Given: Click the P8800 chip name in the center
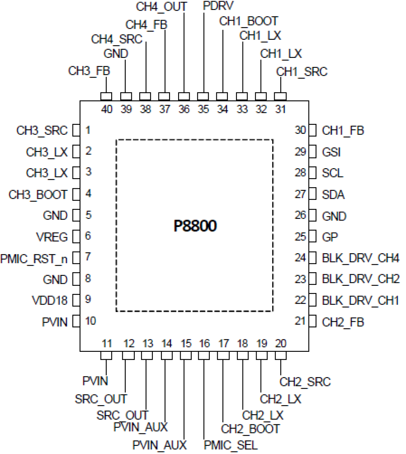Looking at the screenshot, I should [x=195, y=226].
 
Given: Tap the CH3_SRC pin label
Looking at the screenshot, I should [x=42, y=130].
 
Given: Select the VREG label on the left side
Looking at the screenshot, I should [x=52, y=237].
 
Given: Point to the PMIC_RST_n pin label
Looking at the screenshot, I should [x=34, y=259].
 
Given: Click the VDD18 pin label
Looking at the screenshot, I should [x=49, y=300].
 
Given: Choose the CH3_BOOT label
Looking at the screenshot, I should [x=38, y=195].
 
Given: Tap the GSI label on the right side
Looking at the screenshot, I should [x=331, y=152].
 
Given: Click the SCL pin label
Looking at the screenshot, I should [x=333, y=173].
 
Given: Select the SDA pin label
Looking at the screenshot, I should [x=333, y=195].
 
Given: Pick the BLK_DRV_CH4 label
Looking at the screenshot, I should [x=360, y=258].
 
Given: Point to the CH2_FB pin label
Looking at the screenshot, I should [x=343, y=322].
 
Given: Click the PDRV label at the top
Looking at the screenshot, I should [x=218, y=6].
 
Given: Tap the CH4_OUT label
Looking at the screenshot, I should [x=161, y=6].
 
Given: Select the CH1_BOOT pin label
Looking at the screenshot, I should [x=248, y=21].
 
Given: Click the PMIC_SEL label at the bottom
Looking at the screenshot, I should [x=230, y=445].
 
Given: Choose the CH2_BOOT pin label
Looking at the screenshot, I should [x=250, y=429].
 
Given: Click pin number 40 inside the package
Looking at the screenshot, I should [x=107, y=109].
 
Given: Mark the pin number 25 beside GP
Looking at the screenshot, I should [x=300, y=237].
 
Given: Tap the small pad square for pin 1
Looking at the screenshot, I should [x=76, y=131].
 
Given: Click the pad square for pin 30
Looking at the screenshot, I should [x=313, y=131].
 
